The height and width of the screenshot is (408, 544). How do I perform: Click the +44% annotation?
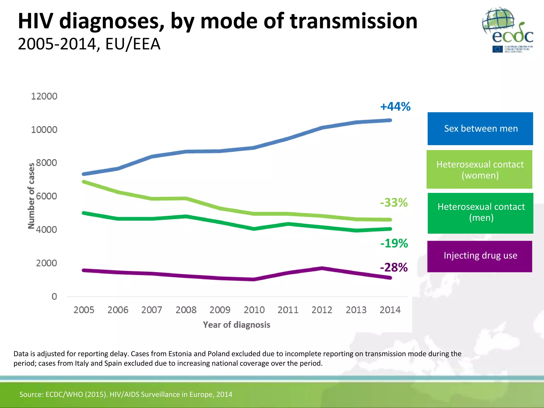click(x=395, y=107)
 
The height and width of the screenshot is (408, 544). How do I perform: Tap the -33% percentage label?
click(x=394, y=202)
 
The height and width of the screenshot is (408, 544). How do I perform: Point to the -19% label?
click(x=394, y=243)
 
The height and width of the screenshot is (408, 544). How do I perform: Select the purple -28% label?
click(x=394, y=267)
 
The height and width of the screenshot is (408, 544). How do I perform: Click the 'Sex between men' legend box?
click(x=480, y=129)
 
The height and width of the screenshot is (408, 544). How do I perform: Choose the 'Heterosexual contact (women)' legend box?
click(x=479, y=169)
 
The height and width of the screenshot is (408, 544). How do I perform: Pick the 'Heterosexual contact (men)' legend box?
click(x=480, y=213)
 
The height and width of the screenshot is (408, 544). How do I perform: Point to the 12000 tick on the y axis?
click(x=44, y=96)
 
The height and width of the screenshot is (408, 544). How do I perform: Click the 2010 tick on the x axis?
click(x=254, y=310)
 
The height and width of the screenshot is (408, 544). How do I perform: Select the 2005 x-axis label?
click(x=84, y=310)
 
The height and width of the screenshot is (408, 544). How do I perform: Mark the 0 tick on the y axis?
click(x=54, y=296)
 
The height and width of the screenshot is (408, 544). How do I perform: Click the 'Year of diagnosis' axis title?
click(x=236, y=325)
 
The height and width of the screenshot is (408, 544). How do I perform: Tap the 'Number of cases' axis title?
click(x=31, y=196)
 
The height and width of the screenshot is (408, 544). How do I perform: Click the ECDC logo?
click(x=507, y=30)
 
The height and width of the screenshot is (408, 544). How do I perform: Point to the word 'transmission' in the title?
click(x=354, y=21)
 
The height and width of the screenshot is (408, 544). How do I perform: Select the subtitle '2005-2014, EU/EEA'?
click(x=89, y=44)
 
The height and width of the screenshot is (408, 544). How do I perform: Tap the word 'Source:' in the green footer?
click(x=31, y=394)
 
